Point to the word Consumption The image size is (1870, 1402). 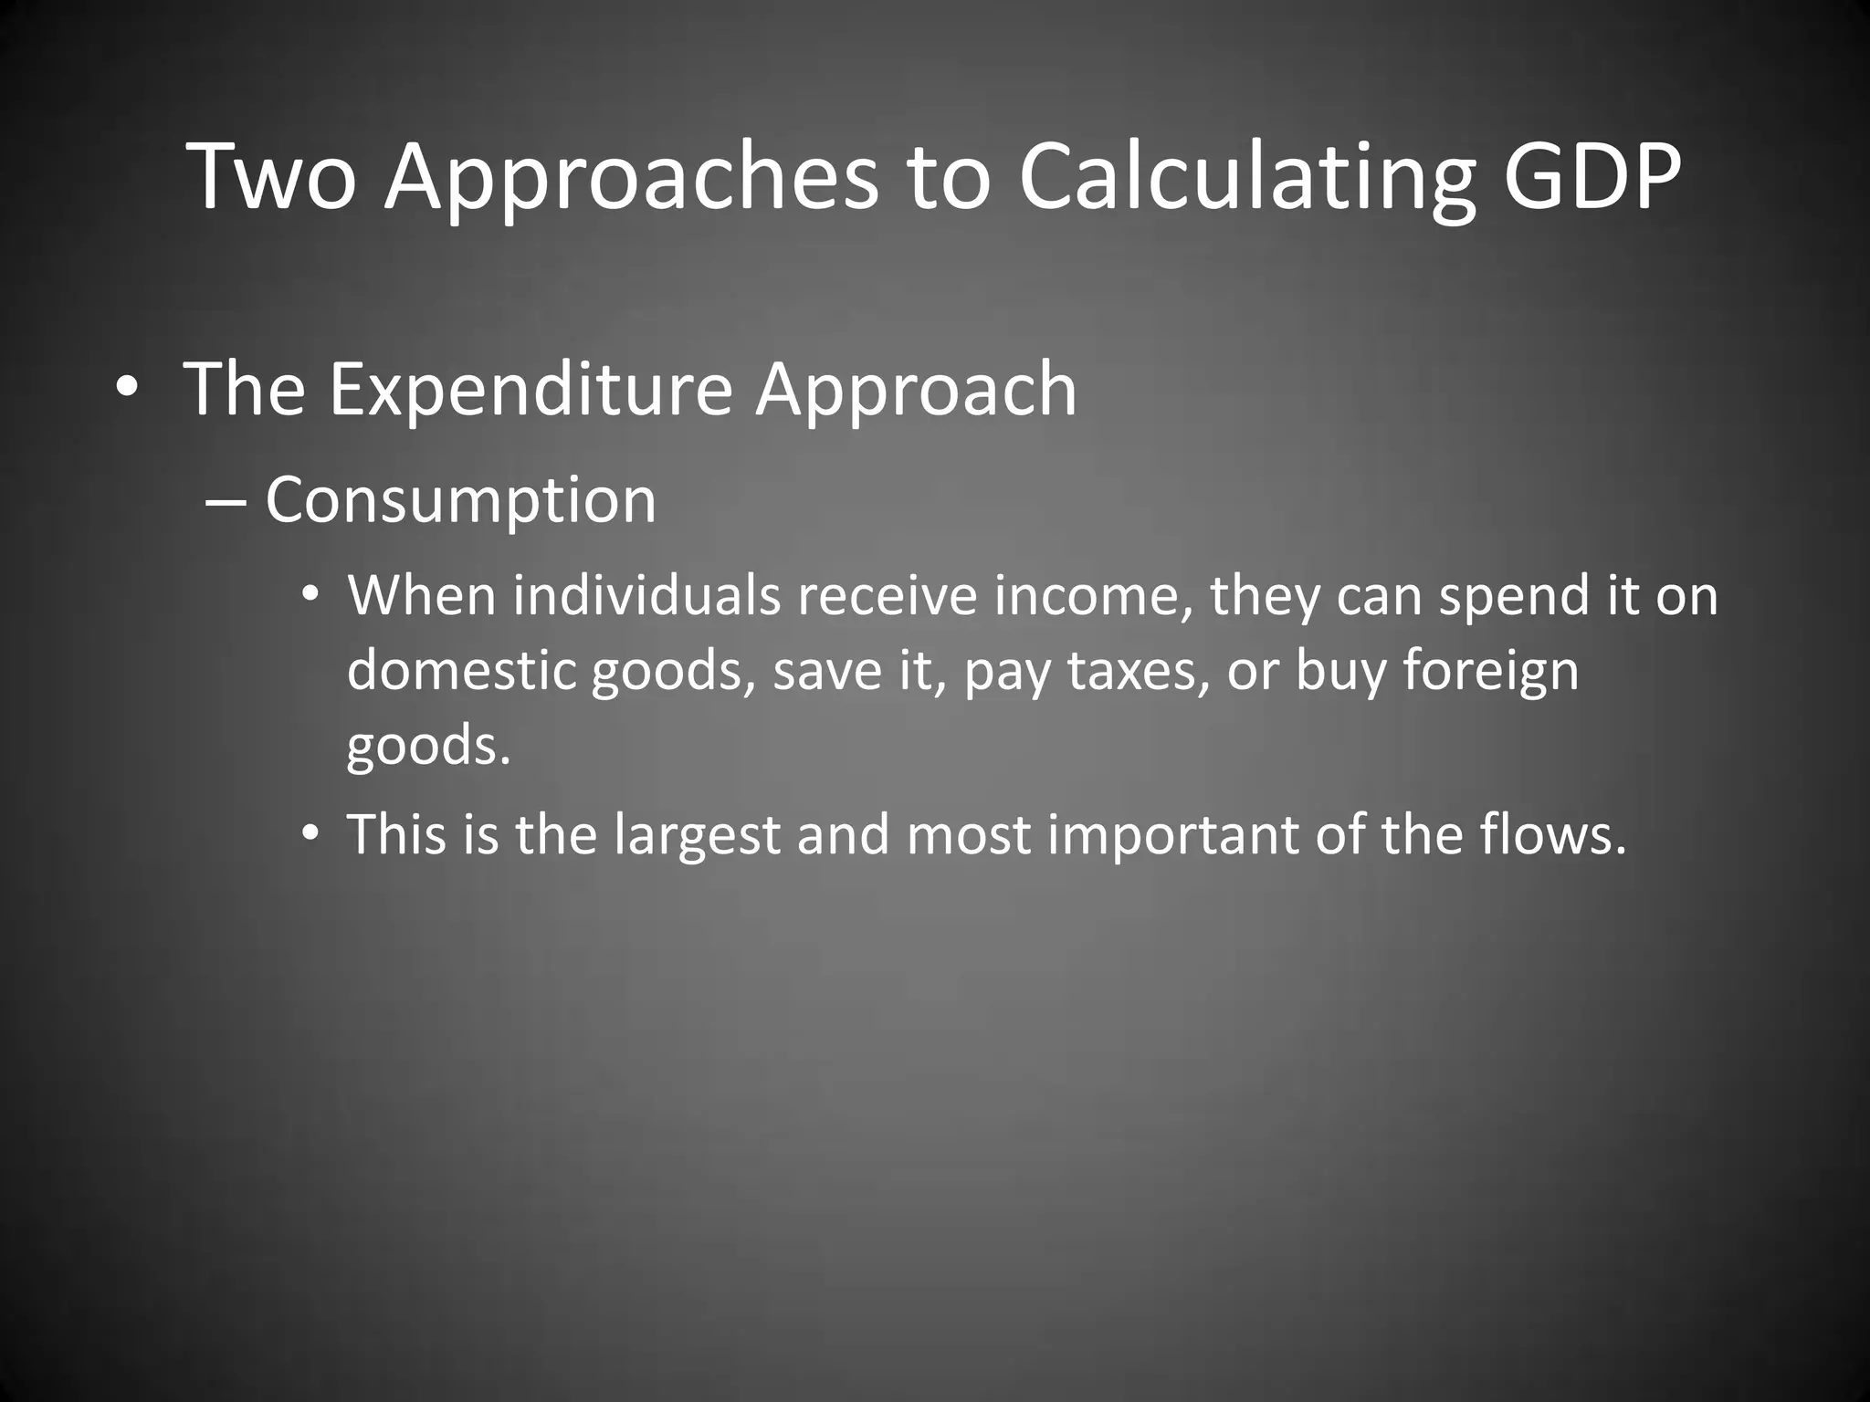click(x=460, y=500)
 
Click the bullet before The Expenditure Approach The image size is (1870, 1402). click(x=127, y=391)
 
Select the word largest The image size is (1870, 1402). click(x=697, y=834)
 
